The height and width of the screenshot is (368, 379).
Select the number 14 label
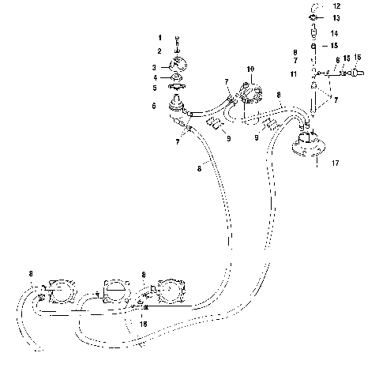[x=335, y=33]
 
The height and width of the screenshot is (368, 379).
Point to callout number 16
[x=357, y=58]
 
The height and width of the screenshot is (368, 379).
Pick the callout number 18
[x=144, y=323]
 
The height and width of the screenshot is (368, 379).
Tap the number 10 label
[x=251, y=69]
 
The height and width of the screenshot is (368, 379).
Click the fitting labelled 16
[x=356, y=72]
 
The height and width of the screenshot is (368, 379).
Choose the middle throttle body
[x=116, y=292]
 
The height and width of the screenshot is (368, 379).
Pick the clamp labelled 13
[x=313, y=17]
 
